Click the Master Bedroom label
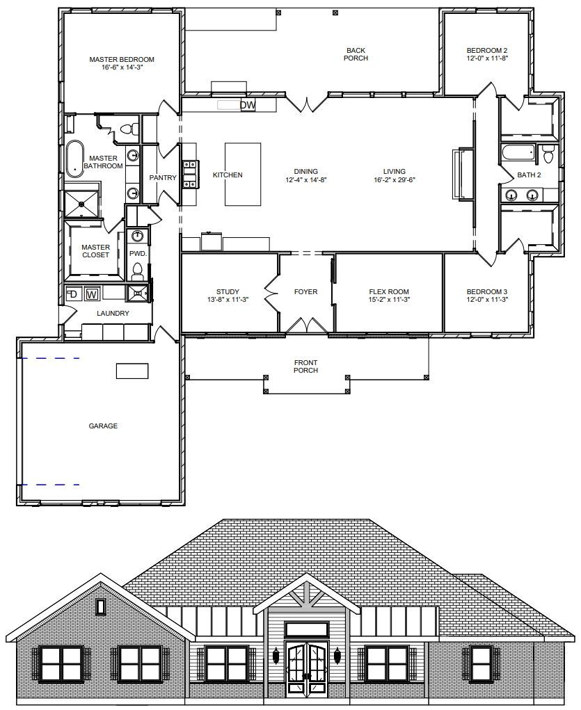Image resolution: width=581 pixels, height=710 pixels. pyautogui.click(x=122, y=59)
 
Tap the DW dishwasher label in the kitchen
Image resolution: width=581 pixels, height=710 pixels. pyautogui.click(x=248, y=106)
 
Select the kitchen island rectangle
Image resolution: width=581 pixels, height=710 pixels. pyautogui.click(x=243, y=175)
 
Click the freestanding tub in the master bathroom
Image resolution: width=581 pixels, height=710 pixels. pyautogui.click(x=75, y=159)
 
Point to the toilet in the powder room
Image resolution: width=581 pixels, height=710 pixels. pyautogui.click(x=137, y=272)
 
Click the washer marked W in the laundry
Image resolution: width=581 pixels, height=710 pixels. pyautogui.click(x=92, y=294)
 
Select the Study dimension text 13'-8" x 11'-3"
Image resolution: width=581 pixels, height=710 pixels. pyautogui.click(x=228, y=299)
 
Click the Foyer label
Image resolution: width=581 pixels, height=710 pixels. pyautogui.click(x=306, y=291)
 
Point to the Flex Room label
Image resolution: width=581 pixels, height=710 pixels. pyautogui.click(x=389, y=291)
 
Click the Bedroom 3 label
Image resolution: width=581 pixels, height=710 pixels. pyautogui.click(x=487, y=291)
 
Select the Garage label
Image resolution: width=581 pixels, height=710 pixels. pyautogui.click(x=104, y=426)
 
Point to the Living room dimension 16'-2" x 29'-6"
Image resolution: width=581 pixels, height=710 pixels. pyautogui.click(x=395, y=179)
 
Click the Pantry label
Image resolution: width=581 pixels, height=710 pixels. pyautogui.click(x=163, y=177)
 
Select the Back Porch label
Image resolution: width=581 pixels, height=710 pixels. pyautogui.click(x=356, y=54)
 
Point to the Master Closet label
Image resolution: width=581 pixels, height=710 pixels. pyautogui.click(x=95, y=251)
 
